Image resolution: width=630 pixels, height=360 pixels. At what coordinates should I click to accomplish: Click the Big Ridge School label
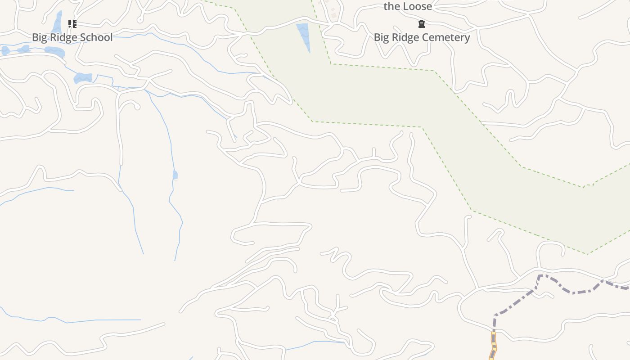tap(72, 37)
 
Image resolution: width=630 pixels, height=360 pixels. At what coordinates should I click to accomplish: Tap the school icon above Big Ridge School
tap(72, 23)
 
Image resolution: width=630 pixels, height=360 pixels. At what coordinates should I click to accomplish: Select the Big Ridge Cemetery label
tap(422, 37)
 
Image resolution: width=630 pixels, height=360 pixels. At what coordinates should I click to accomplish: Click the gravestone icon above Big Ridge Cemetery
tap(422, 23)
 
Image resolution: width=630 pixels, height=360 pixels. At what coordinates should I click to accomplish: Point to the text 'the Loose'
tap(408, 6)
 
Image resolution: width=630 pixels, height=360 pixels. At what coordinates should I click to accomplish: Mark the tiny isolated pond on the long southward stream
tap(175, 175)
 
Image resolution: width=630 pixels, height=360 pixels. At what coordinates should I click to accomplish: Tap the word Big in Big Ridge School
tap(39, 37)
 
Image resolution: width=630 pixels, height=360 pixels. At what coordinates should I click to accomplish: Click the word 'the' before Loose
tap(391, 6)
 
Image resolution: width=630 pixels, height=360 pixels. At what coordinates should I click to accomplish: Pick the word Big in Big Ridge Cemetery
tap(381, 37)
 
